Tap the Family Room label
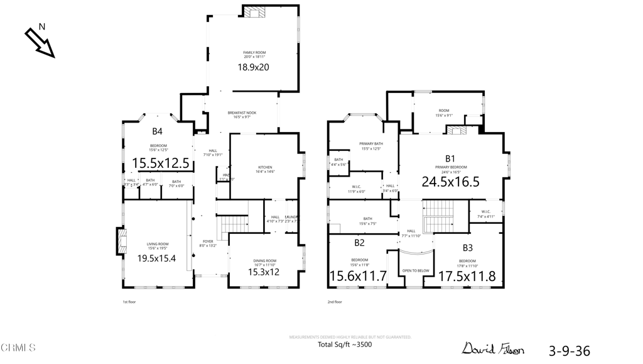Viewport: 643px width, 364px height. [x=253, y=55]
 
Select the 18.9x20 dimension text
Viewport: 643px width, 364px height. [x=253, y=67]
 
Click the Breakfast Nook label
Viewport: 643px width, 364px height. [x=242, y=114]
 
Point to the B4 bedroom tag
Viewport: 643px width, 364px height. [x=157, y=131]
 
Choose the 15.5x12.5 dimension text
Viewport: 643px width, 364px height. [x=160, y=163]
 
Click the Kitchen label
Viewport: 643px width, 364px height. [x=265, y=169]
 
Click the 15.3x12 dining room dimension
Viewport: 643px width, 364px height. [x=263, y=272]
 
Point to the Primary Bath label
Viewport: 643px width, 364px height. [x=371, y=146]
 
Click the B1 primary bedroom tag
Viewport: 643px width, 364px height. [x=450, y=158]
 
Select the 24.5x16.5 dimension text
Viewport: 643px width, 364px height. [x=450, y=182]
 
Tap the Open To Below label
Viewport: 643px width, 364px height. [x=416, y=271]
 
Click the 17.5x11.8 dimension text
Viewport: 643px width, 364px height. [x=467, y=276]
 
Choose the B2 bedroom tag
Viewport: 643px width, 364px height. [x=359, y=243]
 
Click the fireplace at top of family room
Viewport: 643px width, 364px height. [x=255, y=11]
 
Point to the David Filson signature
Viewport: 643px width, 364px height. [x=493, y=348]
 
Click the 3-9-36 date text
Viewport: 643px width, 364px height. [x=570, y=351]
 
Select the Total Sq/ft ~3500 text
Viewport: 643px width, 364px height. [x=345, y=345]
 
